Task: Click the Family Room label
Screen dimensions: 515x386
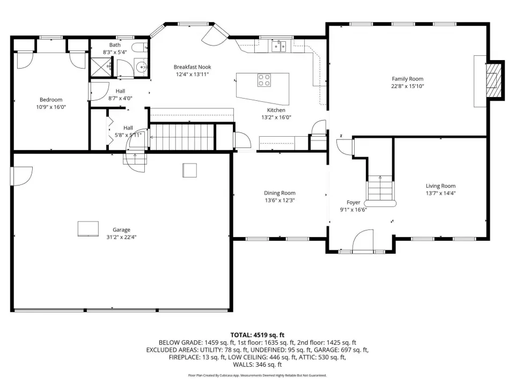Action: click(x=407, y=79)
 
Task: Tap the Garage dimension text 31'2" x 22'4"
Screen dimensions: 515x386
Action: click(x=121, y=237)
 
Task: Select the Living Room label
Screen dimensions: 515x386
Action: click(x=440, y=186)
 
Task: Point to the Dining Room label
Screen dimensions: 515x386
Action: click(x=279, y=193)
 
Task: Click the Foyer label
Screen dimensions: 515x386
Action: click(x=354, y=203)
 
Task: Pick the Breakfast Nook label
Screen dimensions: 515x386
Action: click(x=192, y=67)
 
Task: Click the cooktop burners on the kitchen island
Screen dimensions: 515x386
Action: click(x=264, y=80)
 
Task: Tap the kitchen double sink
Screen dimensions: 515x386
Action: click(x=278, y=46)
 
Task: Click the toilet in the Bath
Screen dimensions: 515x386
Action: click(x=141, y=47)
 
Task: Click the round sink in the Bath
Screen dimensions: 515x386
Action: click(x=142, y=67)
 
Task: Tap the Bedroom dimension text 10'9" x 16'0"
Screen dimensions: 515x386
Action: click(x=51, y=107)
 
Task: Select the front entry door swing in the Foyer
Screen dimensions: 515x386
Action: click(x=363, y=240)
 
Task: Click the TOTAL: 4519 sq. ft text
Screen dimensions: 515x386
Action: click(x=257, y=335)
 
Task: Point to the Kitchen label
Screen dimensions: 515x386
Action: click(x=276, y=110)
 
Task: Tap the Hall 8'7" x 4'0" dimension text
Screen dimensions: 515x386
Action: click(x=120, y=98)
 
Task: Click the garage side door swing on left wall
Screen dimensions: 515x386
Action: click(x=21, y=176)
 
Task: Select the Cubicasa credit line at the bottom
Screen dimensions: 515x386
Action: click(x=257, y=375)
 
